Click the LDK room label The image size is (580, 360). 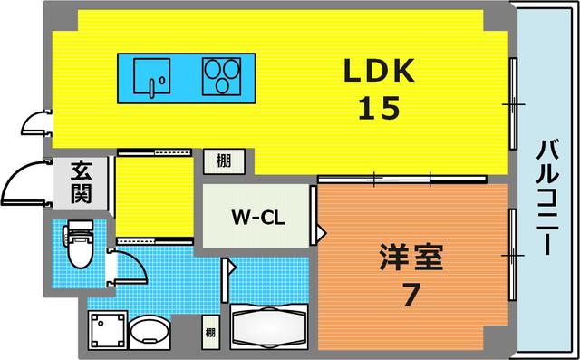click(x=378, y=70)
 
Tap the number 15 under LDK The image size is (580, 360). click(x=378, y=109)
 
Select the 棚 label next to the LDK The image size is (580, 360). click(x=223, y=161)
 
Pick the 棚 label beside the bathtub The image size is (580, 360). click(x=210, y=332)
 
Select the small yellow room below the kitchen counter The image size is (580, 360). click(x=153, y=194)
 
